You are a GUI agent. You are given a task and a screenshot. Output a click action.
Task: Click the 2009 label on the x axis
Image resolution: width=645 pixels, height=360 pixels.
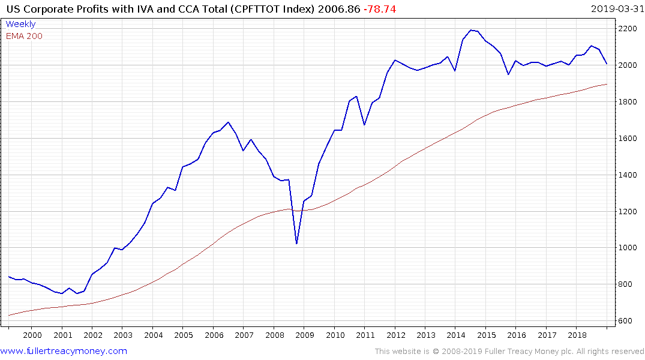304,335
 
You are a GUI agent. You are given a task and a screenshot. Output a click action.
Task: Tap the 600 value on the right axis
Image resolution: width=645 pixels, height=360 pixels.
625,321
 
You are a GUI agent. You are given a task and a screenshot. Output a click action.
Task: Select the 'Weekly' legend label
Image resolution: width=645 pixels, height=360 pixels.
20,25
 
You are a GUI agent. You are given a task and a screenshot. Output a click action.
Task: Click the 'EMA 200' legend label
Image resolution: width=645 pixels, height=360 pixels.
24,36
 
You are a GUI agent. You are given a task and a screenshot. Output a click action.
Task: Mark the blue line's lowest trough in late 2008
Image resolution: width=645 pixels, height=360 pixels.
296,244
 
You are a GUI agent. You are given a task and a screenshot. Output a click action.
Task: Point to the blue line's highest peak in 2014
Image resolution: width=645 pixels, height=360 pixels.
470,30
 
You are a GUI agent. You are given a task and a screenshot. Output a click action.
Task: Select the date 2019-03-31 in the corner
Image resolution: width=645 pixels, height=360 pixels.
615,9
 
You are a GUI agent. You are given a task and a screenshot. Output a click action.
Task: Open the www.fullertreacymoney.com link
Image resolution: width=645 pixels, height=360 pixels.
64,351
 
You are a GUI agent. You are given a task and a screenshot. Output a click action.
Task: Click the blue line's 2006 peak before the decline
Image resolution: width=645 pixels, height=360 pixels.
228,122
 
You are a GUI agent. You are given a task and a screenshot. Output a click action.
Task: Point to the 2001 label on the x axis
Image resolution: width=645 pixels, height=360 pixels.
62,335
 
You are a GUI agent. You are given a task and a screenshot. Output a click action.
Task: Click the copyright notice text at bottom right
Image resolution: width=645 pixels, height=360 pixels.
509,352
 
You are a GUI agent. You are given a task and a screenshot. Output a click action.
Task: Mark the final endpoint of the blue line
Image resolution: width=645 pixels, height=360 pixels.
607,64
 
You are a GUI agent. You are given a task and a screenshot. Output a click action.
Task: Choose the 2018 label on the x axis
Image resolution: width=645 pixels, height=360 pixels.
577,335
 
